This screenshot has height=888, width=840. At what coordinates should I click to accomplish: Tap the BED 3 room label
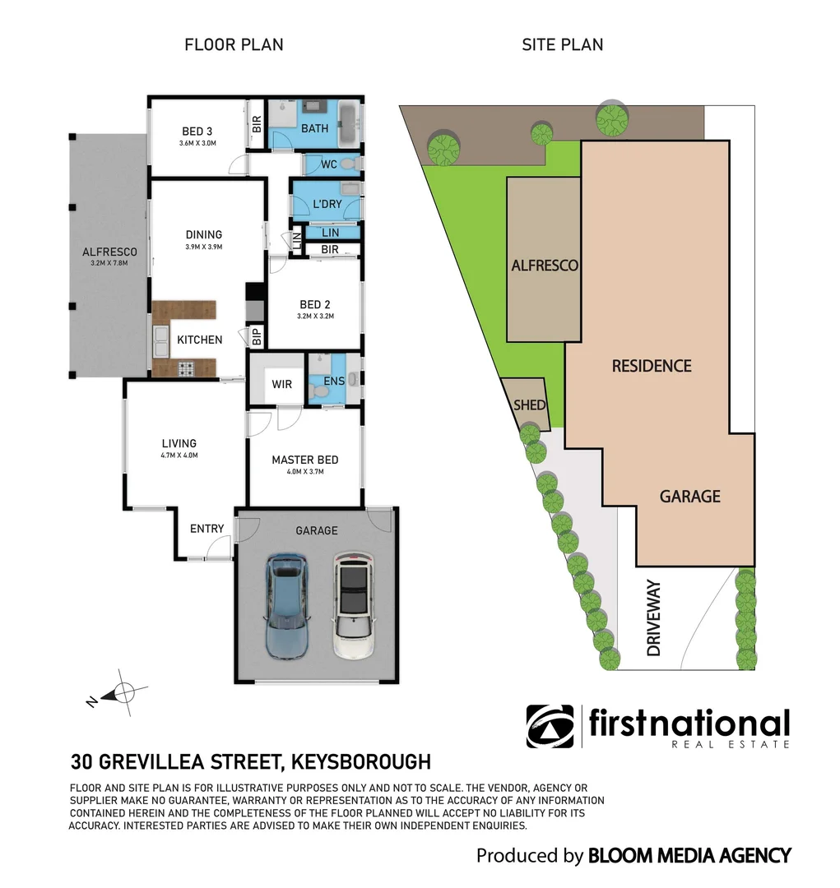[197, 130]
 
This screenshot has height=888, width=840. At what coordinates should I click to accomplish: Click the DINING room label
[203, 235]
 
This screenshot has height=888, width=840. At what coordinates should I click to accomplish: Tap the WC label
[329, 164]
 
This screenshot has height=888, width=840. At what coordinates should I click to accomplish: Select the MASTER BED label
[305, 460]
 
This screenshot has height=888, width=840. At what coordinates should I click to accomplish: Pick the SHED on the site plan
[526, 405]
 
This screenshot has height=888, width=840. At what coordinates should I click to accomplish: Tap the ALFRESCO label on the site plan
[545, 266]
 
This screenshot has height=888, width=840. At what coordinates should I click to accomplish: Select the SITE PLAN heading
[563, 45]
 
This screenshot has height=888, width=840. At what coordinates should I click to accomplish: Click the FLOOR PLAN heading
[234, 45]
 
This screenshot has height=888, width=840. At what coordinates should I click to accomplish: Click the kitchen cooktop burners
[185, 369]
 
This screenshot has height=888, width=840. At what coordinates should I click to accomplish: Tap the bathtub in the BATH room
[349, 126]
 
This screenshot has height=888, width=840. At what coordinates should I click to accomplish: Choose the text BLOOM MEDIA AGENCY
[689, 856]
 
